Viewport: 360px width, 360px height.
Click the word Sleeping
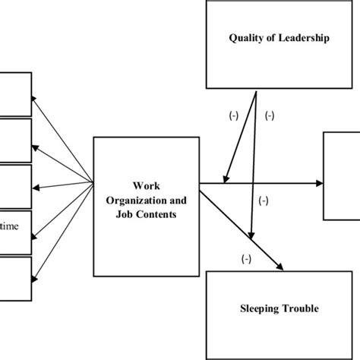tap(251, 308)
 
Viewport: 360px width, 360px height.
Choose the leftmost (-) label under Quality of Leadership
tap(234, 117)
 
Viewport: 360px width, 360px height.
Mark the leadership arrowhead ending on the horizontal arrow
tap(226, 178)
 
